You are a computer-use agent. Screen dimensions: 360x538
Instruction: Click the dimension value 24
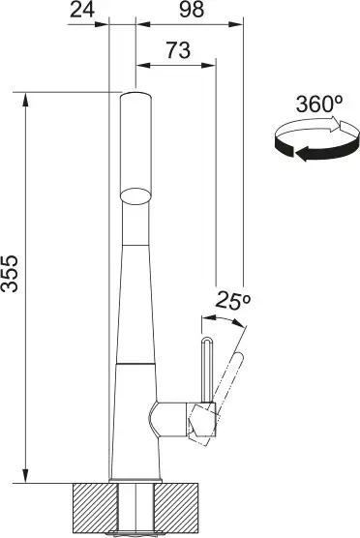[x=82, y=10]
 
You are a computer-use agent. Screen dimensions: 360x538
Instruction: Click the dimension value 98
[x=192, y=10]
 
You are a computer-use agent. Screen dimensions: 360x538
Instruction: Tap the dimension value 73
[x=178, y=50]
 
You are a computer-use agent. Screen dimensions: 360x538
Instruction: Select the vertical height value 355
[x=10, y=274]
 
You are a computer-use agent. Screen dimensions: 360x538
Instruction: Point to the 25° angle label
[x=232, y=301]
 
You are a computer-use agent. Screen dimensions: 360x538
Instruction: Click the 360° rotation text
[x=319, y=104]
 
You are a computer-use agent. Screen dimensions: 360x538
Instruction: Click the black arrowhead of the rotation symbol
[x=302, y=153]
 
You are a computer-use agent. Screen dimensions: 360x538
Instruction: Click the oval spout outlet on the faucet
[x=135, y=196]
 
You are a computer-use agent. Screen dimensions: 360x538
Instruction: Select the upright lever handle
[x=206, y=370]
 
